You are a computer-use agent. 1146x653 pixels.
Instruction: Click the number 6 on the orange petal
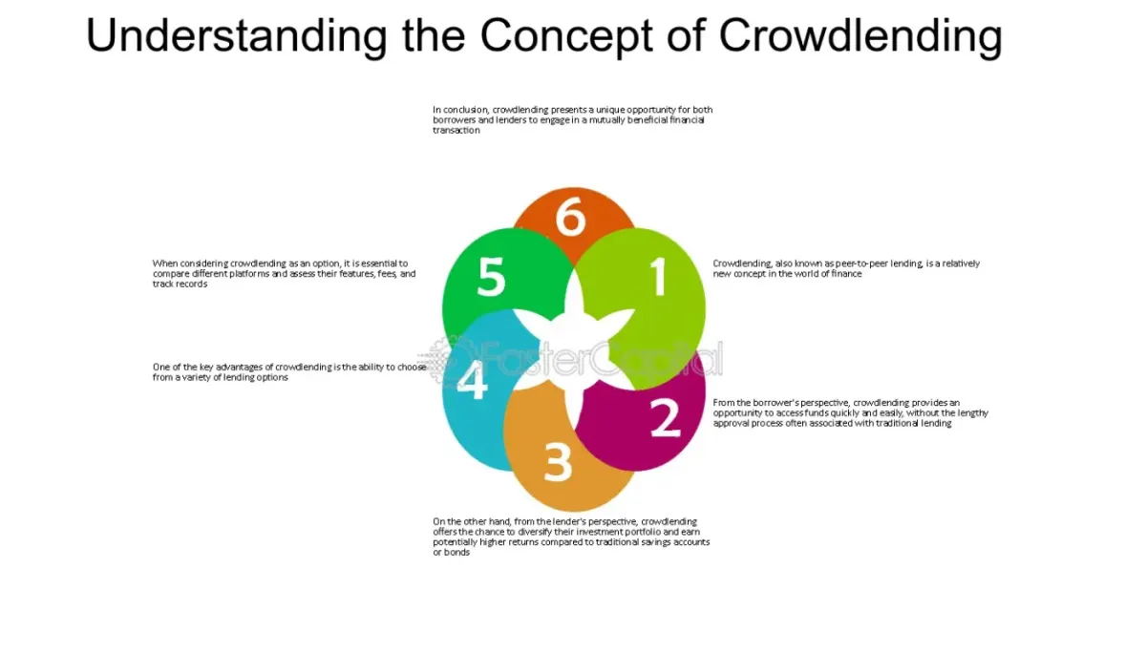570,217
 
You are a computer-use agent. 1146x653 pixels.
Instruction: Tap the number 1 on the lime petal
659,276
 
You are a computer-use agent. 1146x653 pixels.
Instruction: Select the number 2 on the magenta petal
666,417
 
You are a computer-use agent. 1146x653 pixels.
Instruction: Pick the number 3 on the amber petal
558,462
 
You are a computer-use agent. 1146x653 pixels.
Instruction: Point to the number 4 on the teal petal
472,379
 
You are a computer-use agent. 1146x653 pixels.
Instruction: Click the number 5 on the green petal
491,276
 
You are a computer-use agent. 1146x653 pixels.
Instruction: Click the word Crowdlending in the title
860,35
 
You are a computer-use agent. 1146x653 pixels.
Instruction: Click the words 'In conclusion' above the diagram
460,110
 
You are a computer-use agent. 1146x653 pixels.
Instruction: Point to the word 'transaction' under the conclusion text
456,131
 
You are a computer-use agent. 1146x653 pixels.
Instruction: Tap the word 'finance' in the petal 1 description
846,274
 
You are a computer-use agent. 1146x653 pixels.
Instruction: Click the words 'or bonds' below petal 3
451,552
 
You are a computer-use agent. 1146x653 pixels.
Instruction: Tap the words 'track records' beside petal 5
180,284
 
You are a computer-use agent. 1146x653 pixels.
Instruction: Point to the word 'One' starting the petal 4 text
160,368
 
